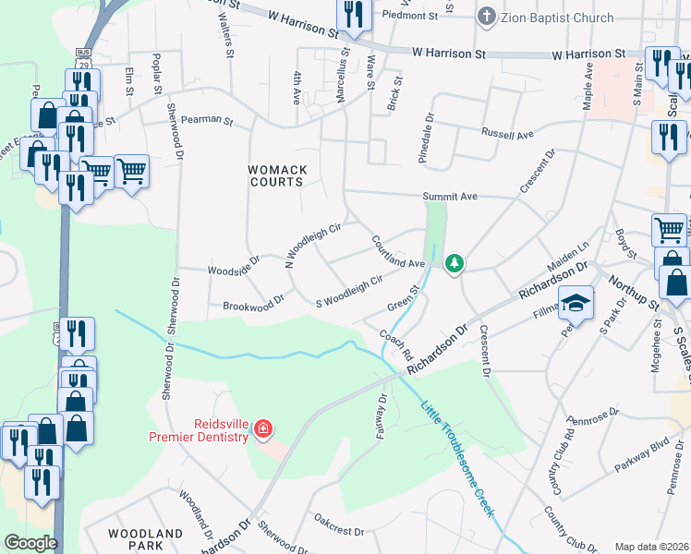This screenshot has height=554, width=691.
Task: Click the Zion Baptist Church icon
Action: (486, 18)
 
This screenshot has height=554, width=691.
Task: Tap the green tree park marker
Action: (454, 264)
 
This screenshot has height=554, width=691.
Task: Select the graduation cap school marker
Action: (575, 302)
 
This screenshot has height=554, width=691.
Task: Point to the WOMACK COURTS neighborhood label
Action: (275, 175)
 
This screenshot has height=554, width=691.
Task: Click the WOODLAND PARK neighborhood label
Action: (145, 540)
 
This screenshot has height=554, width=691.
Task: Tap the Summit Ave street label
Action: (450, 197)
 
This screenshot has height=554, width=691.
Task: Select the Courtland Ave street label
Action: (397, 250)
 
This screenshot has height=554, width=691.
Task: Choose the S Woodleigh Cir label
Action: (349, 291)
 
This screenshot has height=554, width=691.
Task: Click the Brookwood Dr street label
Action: (253, 303)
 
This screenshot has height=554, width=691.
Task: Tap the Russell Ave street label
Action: (507, 134)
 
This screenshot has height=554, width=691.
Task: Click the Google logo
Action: (30, 542)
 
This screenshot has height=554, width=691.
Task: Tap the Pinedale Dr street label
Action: (429, 135)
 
